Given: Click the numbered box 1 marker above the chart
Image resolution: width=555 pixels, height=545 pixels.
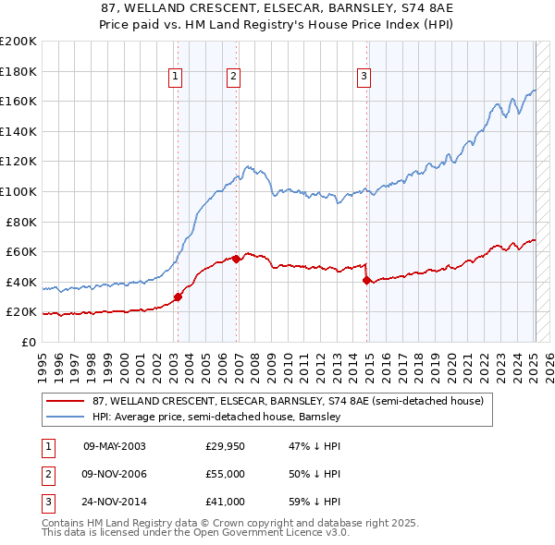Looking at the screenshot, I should click(x=175, y=77).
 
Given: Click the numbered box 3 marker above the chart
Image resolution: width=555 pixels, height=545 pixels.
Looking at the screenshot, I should click(x=364, y=77).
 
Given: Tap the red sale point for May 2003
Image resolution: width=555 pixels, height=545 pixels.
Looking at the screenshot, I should click(x=179, y=297).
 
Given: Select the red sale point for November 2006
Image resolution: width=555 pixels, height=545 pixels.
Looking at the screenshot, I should click(x=237, y=260).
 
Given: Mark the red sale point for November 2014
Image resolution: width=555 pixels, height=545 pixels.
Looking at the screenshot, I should click(x=367, y=280).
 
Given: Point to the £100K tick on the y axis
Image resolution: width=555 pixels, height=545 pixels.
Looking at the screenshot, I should click(x=19, y=191).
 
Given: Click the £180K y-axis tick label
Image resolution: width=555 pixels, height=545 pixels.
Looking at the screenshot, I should click(x=19, y=71).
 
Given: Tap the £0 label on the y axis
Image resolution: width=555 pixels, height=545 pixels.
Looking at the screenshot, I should click(x=28, y=342).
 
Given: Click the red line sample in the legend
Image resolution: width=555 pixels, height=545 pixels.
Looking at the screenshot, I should click(x=66, y=402).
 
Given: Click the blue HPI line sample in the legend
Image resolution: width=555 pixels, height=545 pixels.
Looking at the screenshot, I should click(x=66, y=418).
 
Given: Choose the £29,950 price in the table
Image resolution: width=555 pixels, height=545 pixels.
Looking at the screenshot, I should click(x=225, y=446).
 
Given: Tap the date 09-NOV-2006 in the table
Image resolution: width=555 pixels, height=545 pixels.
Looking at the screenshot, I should click(x=114, y=474).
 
